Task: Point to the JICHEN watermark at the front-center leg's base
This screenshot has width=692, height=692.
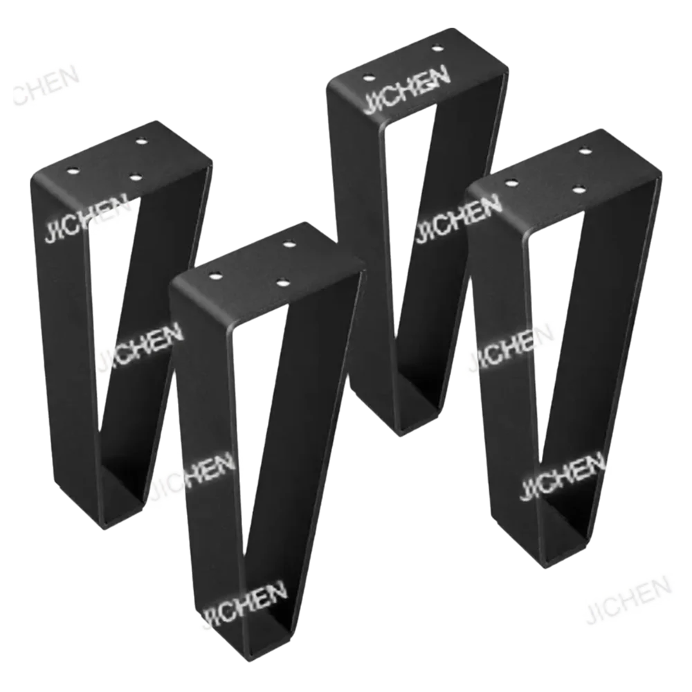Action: [x=244, y=601]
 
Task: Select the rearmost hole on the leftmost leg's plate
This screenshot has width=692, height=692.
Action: [x=142, y=141]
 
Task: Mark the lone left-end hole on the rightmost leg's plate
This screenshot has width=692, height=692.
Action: [x=512, y=183]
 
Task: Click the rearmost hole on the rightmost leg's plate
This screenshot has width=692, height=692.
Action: [x=585, y=152]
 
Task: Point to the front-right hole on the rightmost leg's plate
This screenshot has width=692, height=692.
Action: [x=578, y=188]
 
